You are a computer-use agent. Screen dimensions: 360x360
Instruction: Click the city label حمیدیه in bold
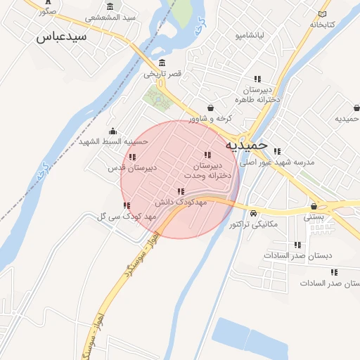click(x=247, y=145)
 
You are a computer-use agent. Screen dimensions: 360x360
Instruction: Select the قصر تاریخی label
click(x=163, y=73)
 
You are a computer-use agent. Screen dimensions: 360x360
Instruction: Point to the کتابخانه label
click(x=322, y=25)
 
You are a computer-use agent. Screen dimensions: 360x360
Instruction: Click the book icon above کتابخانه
click(x=323, y=13)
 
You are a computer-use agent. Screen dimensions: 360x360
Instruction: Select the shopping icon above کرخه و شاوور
click(x=210, y=107)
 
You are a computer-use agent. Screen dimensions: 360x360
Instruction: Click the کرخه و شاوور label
click(x=210, y=118)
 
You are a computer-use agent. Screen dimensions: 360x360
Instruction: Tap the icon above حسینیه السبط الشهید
click(x=113, y=131)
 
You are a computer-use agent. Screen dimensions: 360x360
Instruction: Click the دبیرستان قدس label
click(x=131, y=169)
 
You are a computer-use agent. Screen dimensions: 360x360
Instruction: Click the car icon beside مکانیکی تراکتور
click(x=253, y=213)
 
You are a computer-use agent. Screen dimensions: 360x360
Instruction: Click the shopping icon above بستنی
click(x=313, y=207)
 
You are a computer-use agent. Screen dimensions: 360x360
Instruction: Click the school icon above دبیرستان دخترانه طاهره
click(x=257, y=79)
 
